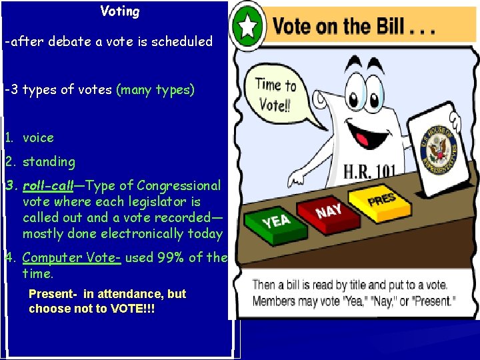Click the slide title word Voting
point(120,11)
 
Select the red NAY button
point(329,211)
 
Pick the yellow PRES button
point(383,198)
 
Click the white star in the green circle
point(248,25)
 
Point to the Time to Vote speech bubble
point(277,95)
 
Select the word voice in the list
point(38,138)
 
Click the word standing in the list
point(49,162)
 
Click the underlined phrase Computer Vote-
point(71,258)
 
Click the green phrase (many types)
point(155,90)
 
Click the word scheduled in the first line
point(182,42)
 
